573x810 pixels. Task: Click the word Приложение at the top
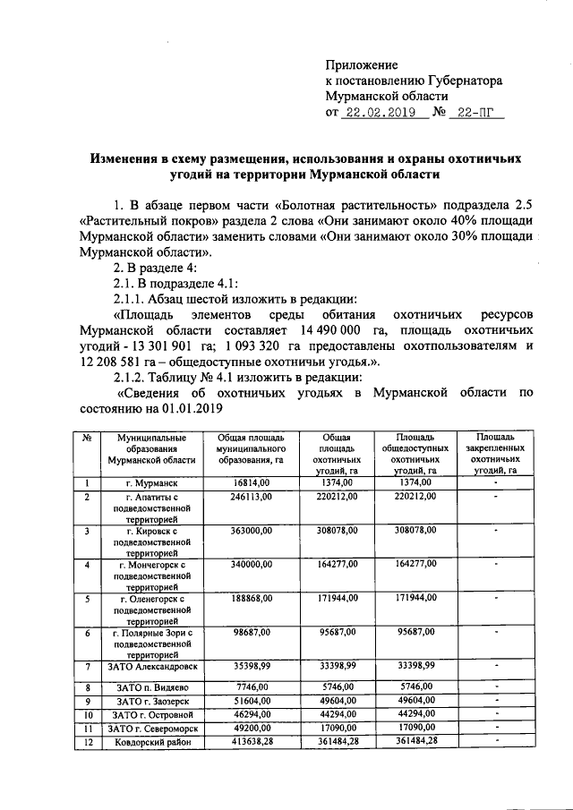(361, 65)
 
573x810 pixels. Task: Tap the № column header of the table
(88, 438)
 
